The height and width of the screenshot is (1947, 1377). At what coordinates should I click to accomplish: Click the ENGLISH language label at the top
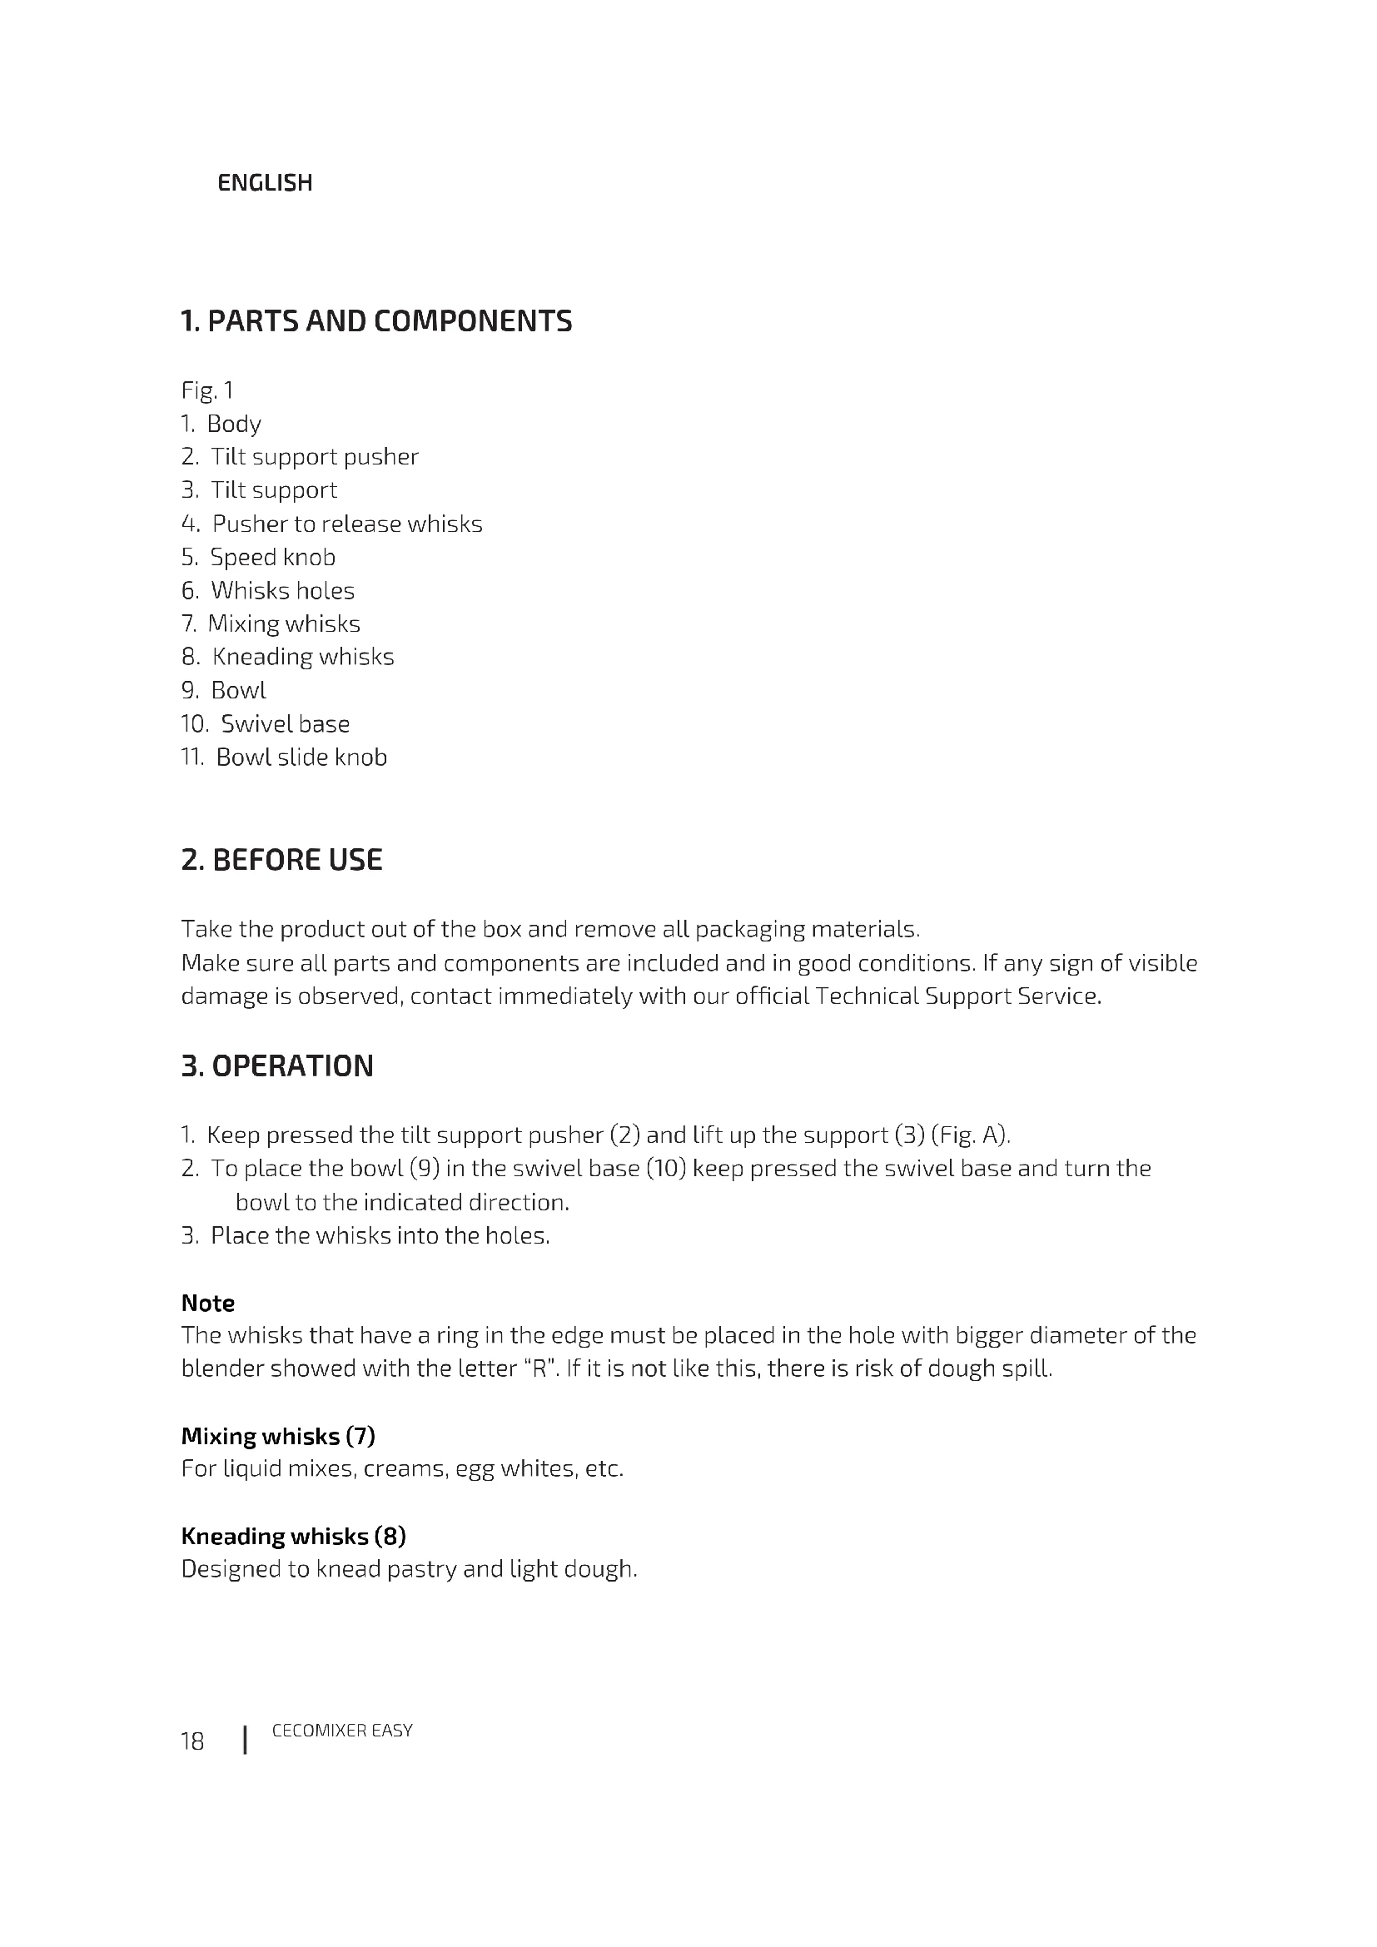(x=265, y=183)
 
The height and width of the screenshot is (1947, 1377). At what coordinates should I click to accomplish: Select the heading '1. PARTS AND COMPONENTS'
(x=376, y=321)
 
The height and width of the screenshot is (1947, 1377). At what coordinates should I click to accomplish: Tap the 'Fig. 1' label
(x=207, y=390)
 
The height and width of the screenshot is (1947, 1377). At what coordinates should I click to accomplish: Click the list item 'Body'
(x=233, y=424)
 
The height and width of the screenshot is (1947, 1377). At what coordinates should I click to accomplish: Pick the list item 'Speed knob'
(x=272, y=557)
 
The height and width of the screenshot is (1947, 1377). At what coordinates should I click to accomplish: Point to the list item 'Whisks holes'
(x=282, y=590)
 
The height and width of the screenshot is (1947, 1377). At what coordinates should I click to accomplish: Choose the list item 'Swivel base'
(x=285, y=723)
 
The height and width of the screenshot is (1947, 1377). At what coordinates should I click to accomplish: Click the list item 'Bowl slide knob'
(x=301, y=757)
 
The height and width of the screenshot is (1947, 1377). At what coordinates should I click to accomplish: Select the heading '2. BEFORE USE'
(x=281, y=860)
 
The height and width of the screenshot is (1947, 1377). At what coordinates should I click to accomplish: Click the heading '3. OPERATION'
(x=277, y=1066)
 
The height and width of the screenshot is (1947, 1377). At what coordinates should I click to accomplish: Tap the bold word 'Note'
(x=208, y=1303)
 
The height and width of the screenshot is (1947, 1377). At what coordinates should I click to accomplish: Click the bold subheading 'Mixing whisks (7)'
(x=278, y=1436)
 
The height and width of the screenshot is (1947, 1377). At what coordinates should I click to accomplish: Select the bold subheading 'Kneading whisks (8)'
(x=293, y=1536)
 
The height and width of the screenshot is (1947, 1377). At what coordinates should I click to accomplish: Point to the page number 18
(x=192, y=1741)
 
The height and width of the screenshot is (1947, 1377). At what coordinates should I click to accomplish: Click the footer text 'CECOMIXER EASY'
(x=341, y=1731)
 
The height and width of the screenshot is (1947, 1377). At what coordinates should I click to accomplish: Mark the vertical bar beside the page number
(x=245, y=1740)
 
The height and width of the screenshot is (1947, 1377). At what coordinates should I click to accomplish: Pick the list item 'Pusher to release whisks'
(x=347, y=524)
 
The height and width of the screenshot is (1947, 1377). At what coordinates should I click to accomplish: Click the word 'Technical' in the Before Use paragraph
(x=867, y=996)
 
